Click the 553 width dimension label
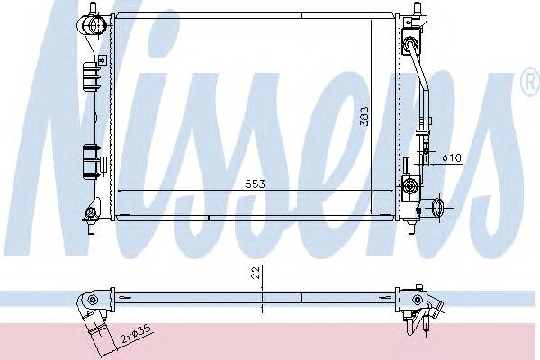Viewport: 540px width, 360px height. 256,184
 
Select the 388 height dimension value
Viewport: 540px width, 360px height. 364,116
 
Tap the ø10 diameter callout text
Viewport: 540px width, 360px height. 452,158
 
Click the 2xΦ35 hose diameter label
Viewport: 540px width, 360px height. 137,333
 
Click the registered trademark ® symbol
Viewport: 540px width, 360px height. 531,82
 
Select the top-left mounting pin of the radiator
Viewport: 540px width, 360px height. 93,7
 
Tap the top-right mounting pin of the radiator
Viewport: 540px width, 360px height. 417,8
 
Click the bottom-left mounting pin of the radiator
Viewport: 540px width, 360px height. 92,228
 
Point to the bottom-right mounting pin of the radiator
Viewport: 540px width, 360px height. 411,228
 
